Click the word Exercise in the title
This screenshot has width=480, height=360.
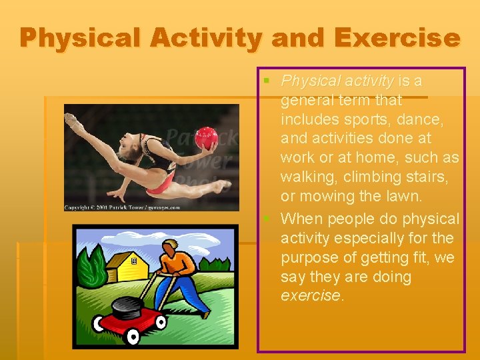click(x=397, y=38)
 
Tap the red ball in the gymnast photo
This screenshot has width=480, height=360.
click(x=206, y=138)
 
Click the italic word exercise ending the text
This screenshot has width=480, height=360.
click(x=311, y=295)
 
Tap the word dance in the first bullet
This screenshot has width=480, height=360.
click(x=428, y=119)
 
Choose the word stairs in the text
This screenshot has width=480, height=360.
click(x=425, y=177)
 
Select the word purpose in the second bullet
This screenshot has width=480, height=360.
click(x=309, y=257)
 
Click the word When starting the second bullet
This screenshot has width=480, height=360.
click(x=301, y=219)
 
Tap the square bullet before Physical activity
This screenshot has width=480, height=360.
click(x=267, y=81)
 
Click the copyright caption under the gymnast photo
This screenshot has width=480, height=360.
click(x=122, y=207)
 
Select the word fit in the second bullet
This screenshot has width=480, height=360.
click(x=425, y=257)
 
